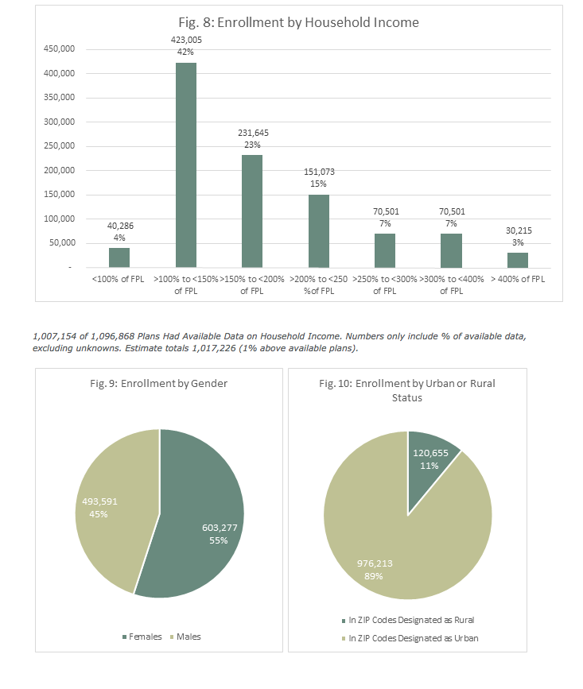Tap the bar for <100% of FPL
click(119, 257)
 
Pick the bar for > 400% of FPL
click(517, 260)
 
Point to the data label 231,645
click(252, 133)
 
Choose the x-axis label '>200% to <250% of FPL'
click(318, 285)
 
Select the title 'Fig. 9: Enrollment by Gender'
click(159, 384)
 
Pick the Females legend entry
click(142, 637)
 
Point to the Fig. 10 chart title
click(407, 389)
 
